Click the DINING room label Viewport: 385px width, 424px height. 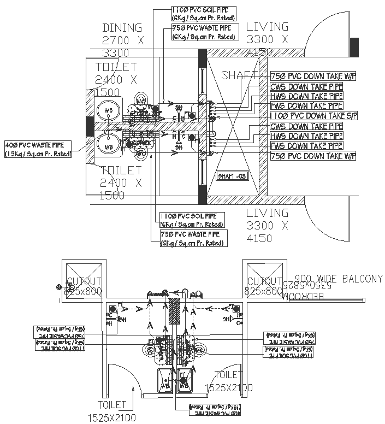[122, 28]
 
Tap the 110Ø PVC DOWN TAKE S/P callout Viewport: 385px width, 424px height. [313, 116]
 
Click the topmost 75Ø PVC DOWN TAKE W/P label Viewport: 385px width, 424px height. [313, 76]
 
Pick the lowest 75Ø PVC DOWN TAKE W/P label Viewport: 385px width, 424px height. [313, 156]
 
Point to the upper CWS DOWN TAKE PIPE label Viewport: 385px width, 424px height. [306, 86]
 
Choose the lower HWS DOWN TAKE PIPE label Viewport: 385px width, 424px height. [306, 136]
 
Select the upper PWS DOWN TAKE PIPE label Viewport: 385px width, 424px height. [306, 106]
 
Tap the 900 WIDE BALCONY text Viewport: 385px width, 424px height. [339, 279]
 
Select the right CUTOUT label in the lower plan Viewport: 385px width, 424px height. [265, 282]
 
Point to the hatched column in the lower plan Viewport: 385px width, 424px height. [175, 311]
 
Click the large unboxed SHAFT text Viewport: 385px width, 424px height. [239, 76]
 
